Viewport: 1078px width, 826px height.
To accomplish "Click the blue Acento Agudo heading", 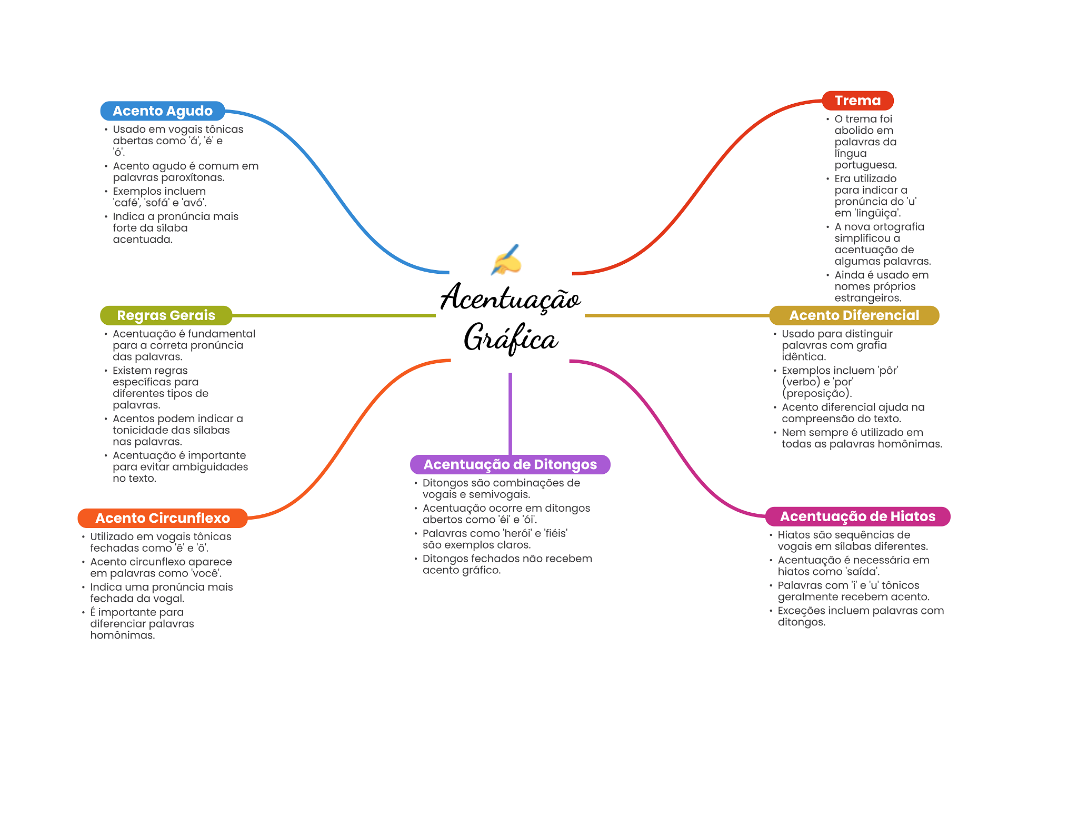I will (x=163, y=111).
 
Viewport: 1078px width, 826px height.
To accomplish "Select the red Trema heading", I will (x=857, y=101).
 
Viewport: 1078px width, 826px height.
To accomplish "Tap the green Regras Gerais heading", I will (x=166, y=315).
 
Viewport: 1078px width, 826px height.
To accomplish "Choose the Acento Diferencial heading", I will (x=854, y=315).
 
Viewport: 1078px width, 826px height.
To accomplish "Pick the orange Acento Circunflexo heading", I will (x=163, y=518).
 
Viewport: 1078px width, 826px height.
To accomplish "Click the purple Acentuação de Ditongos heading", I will (x=510, y=464).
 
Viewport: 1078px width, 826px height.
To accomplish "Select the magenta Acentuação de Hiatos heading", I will (x=857, y=516).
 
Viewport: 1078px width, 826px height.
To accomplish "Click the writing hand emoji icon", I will (x=506, y=260).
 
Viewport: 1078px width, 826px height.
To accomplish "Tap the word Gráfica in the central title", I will (x=511, y=337).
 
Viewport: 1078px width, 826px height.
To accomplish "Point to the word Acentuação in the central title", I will (x=511, y=297).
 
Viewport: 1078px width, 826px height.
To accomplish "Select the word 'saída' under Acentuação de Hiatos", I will (x=863, y=572).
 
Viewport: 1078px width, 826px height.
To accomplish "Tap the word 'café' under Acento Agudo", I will (x=126, y=203).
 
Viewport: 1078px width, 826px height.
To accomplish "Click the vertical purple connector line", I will (x=510, y=413).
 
